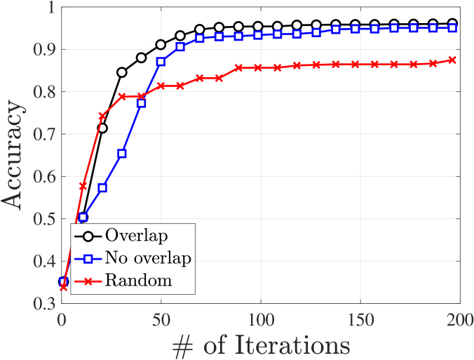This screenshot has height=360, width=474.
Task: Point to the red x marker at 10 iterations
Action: pos(83,186)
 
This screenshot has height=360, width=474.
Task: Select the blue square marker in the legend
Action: pos(86,258)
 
